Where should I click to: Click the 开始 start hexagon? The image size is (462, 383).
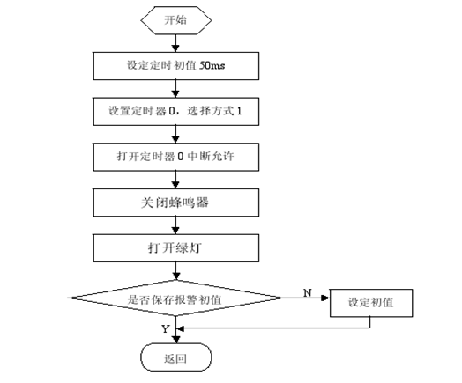click(176, 20)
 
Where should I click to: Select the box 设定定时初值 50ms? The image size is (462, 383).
click(176, 66)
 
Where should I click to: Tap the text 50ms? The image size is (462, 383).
click(212, 65)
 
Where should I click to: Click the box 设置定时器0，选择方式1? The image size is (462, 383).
click(176, 112)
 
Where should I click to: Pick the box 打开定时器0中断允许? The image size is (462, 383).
click(176, 157)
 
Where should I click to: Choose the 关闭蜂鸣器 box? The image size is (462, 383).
click(176, 203)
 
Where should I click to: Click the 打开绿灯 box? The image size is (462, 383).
click(176, 248)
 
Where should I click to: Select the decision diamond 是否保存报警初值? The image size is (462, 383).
click(175, 298)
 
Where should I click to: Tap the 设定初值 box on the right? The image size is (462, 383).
click(371, 303)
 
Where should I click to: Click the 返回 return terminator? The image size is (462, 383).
click(176, 357)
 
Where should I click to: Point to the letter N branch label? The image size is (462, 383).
click(308, 292)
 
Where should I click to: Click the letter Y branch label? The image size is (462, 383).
click(166, 329)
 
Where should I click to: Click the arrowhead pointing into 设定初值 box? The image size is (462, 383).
click(325, 298)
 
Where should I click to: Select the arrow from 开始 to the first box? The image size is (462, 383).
click(176, 43)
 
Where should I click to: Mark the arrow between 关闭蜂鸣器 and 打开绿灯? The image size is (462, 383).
click(176, 225)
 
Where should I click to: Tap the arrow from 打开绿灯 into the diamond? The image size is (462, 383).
click(176, 271)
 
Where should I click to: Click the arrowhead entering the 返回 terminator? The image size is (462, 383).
click(176, 340)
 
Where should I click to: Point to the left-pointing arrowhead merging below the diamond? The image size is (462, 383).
click(180, 328)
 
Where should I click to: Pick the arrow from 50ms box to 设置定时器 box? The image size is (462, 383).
click(176, 89)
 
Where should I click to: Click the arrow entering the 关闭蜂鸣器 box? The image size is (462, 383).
click(176, 180)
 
